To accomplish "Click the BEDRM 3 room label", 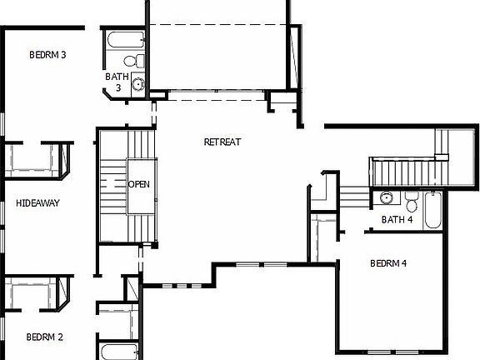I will coord(47,55).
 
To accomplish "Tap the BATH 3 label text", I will coord(117,82).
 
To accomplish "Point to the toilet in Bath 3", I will coord(129,60).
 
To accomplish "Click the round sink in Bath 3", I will coord(138,82).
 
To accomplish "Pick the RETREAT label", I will coord(222,142).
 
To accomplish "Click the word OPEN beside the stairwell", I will coord(139,184).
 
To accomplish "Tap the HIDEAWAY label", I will coord(38,202).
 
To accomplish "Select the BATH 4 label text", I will coord(397,220).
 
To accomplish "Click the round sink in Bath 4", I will coord(386,198).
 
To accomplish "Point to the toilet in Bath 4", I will coord(412,203).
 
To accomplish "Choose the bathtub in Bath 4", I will coord(433,210).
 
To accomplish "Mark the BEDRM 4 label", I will coord(387,264).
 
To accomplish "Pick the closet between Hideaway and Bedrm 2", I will coord(35,293).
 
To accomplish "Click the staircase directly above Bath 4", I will coord(404,173).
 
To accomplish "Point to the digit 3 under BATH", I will coord(118,87).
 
